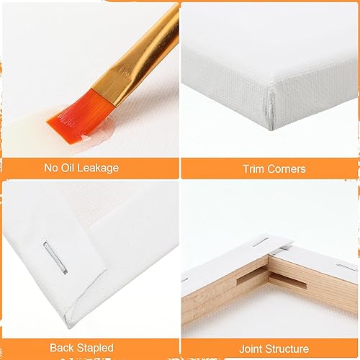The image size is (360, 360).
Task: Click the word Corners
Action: (x=284, y=169)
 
